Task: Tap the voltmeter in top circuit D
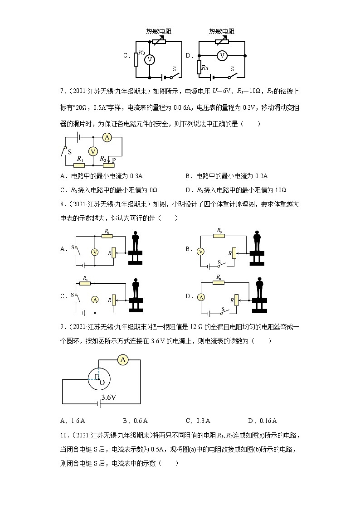click(222, 56)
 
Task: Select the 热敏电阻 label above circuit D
click(222, 31)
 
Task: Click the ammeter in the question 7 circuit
click(107, 137)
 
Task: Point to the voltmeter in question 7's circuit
click(93, 151)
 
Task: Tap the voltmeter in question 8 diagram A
click(95, 252)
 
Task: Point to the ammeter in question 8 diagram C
click(95, 299)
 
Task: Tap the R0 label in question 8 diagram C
click(85, 278)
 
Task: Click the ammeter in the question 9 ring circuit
click(122, 360)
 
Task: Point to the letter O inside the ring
click(102, 382)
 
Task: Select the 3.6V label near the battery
click(109, 397)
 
